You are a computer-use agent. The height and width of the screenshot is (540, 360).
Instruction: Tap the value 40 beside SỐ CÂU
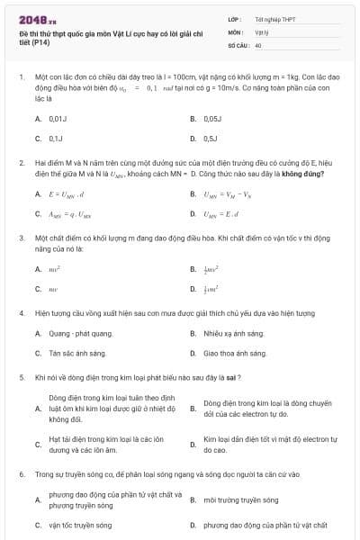[258, 44]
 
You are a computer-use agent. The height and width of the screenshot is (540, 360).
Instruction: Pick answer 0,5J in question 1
[211, 139]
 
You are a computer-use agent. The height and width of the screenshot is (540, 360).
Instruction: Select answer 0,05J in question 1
[212, 118]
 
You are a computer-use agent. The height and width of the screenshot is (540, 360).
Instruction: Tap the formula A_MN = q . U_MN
[70, 214]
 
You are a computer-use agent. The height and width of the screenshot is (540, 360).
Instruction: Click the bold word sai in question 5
[234, 377]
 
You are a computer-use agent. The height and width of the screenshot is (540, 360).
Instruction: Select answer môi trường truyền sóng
[240, 499]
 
